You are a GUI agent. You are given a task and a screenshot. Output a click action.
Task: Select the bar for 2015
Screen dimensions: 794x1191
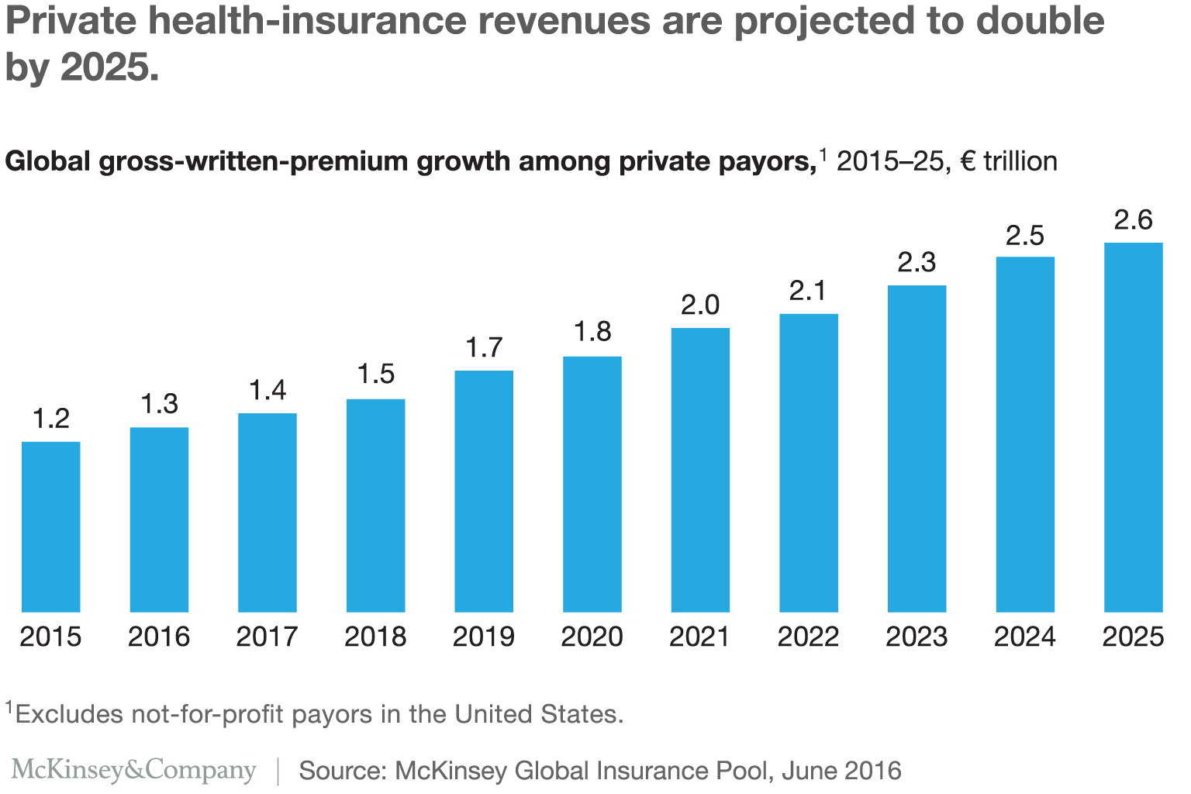click(x=50, y=526)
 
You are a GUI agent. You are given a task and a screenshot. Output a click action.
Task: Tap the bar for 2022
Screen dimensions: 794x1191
click(x=809, y=463)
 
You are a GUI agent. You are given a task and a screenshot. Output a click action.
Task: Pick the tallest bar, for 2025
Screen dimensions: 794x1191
click(x=1133, y=427)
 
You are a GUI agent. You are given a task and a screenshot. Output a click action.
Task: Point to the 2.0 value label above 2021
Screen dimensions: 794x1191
click(x=700, y=305)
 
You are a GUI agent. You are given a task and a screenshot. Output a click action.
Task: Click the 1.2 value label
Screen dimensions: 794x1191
click(x=51, y=419)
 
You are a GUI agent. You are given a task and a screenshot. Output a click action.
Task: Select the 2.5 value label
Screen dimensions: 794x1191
click(x=1025, y=235)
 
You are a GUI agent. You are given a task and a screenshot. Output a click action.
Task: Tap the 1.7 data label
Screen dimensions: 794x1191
click(x=484, y=347)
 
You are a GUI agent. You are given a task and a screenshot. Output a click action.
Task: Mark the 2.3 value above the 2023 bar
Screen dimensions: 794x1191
click(x=917, y=263)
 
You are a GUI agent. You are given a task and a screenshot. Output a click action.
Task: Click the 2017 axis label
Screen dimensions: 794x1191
click(x=267, y=637)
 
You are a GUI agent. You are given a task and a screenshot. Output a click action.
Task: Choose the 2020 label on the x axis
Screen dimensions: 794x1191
click(x=592, y=637)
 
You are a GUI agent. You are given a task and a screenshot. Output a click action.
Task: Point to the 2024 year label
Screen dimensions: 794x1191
click(x=1025, y=637)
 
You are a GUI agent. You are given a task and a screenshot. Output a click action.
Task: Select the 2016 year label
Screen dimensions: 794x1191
click(x=159, y=637)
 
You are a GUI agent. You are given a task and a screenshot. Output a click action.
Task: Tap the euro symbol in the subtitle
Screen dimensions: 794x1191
click(x=967, y=161)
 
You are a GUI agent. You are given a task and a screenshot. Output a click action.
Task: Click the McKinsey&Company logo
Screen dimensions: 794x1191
click(x=133, y=769)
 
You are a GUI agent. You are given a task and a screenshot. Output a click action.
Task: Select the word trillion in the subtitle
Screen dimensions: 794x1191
click(x=1020, y=161)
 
